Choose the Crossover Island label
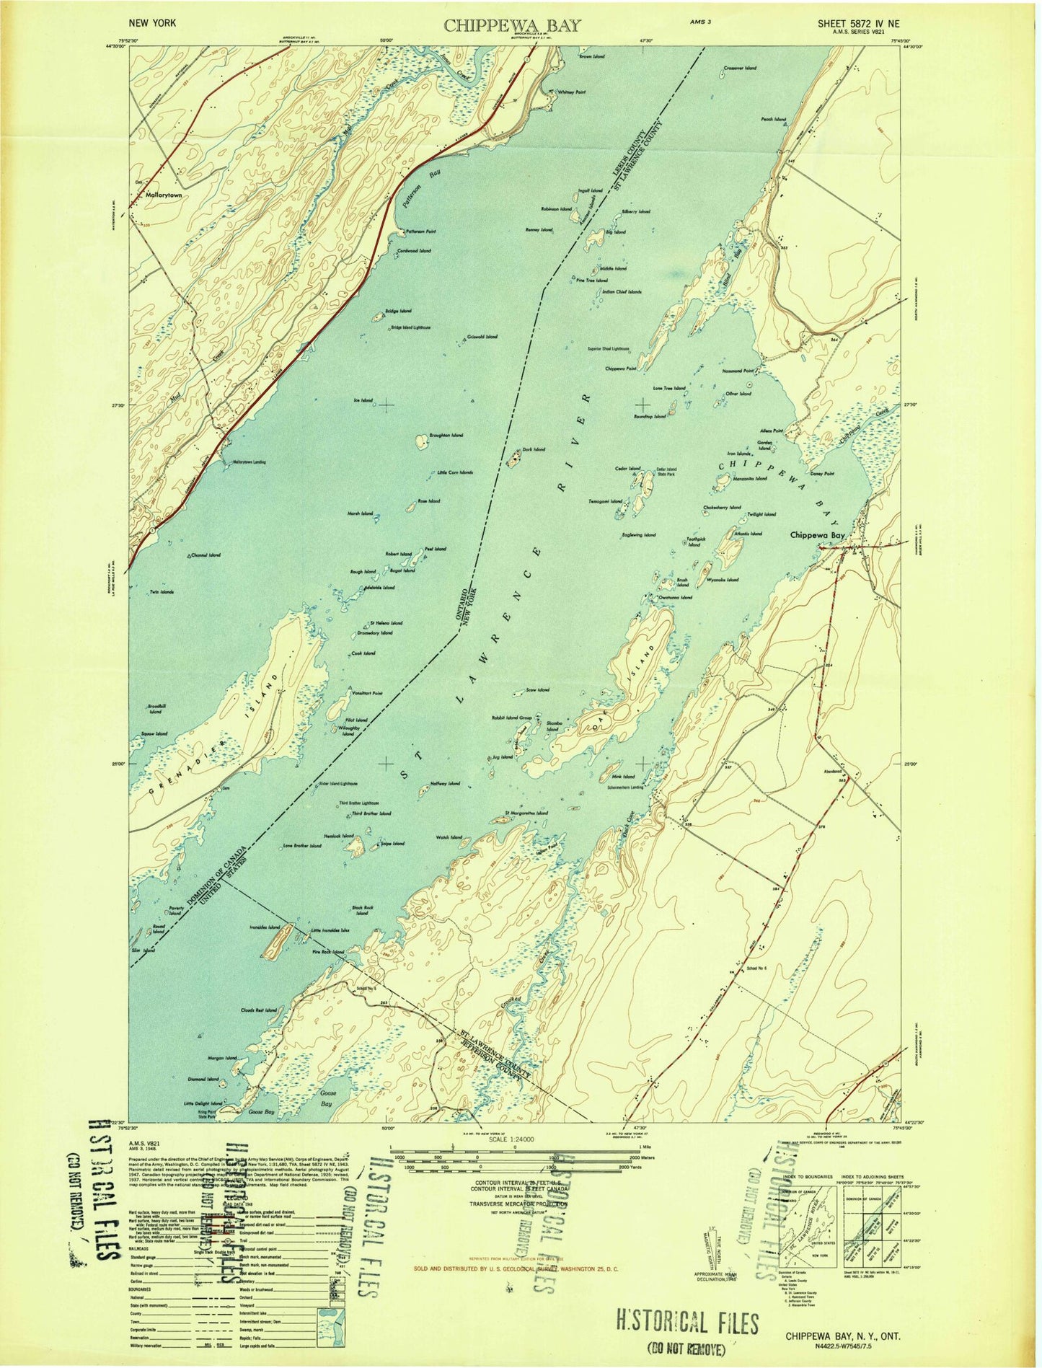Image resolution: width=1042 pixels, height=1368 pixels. click(x=740, y=68)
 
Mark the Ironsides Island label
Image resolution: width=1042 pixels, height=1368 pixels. click(x=264, y=927)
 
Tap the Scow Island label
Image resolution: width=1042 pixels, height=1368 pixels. click(x=538, y=690)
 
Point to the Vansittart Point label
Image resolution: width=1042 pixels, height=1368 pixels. click(x=366, y=693)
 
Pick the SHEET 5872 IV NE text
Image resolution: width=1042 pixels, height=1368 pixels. click(x=858, y=24)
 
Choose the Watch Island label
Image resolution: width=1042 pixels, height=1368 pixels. click(x=449, y=837)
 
